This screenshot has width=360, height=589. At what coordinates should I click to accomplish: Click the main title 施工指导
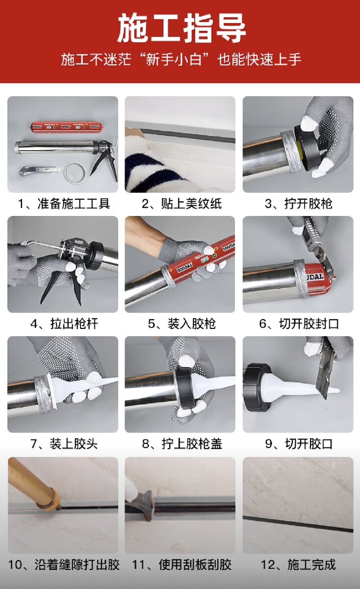pos(181,28)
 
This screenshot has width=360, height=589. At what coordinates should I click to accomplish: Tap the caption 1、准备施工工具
pos(64,204)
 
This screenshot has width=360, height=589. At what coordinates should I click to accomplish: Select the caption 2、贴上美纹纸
pos(181,204)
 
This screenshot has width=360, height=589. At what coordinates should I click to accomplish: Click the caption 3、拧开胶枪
pos(299,204)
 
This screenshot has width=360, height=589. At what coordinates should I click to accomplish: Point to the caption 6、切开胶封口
pos(299,323)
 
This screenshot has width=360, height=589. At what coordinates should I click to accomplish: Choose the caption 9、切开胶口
pos(299,444)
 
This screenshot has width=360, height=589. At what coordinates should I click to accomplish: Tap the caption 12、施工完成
pos(299,564)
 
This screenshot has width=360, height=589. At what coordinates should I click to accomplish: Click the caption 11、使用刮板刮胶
pos(181,564)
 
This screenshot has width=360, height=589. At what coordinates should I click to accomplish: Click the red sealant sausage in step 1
pos(65,127)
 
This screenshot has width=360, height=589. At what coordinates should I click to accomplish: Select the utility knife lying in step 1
pos(39,170)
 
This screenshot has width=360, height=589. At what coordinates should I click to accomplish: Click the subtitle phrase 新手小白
pos(174,59)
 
